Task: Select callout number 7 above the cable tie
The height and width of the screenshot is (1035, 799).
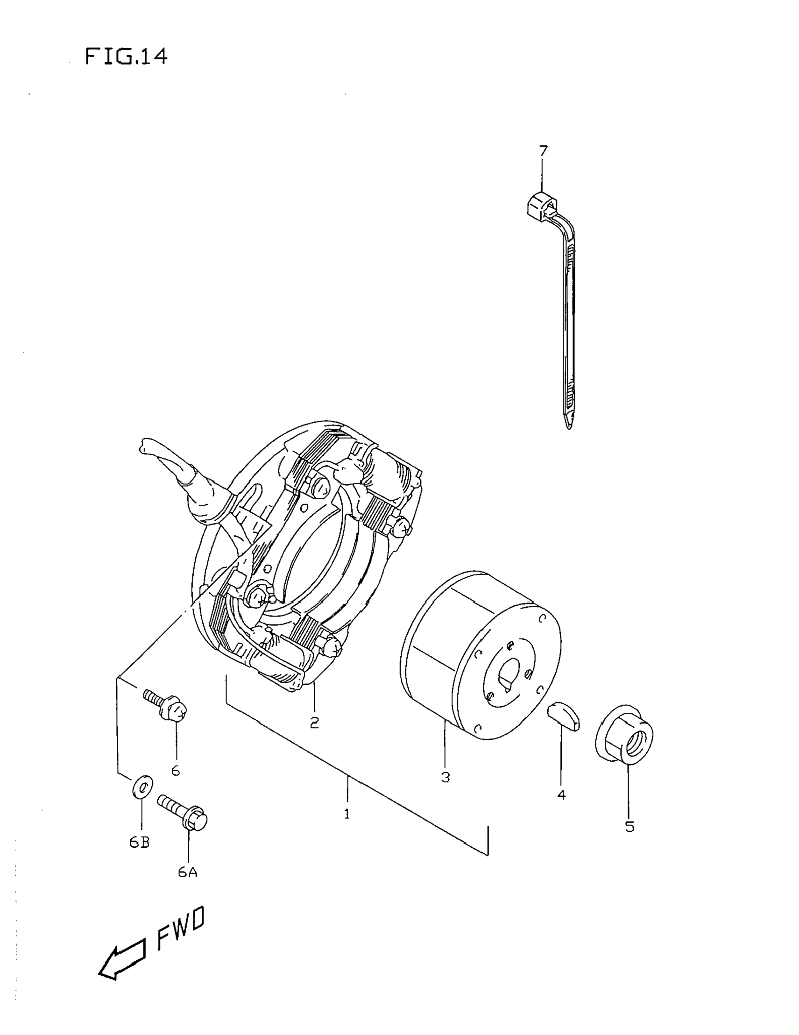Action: point(543,151)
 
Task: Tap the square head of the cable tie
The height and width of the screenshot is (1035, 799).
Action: point(540,205)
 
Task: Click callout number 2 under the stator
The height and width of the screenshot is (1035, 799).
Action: point(314,722)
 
